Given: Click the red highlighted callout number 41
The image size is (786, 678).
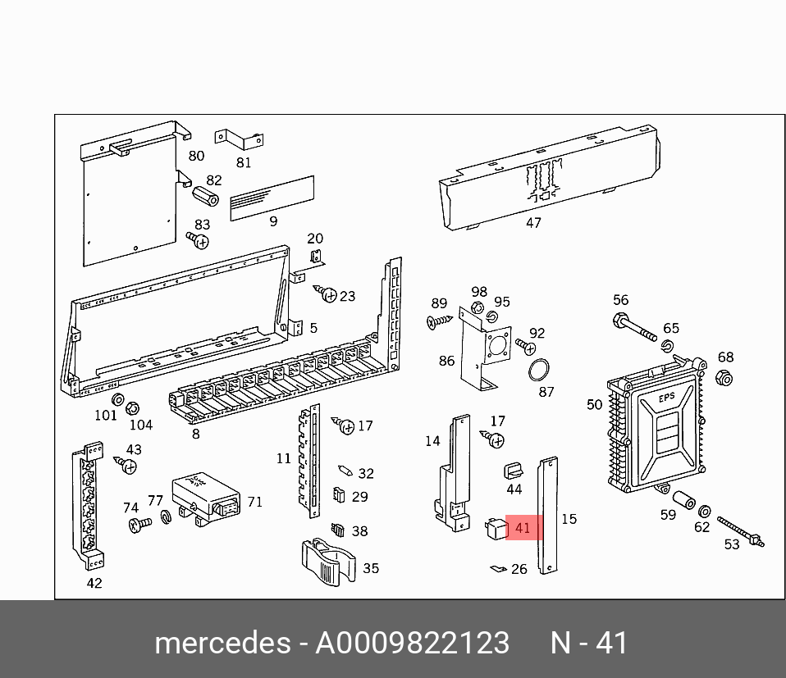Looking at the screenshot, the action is coord(523,528).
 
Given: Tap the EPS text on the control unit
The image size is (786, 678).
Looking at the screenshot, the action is coord(666,400).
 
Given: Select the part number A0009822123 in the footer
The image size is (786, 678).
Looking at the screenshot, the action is coord(412,642).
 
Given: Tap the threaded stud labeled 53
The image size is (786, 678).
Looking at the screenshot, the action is coord(741,530).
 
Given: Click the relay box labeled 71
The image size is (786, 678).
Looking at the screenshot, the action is coord(206,500).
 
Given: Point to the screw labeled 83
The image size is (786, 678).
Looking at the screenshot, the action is coord(198,240).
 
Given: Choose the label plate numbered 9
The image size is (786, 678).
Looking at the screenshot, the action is coord(272,198).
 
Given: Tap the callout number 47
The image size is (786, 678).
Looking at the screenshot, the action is coord(533,222).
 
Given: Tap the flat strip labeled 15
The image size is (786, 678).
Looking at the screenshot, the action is coord(547,516).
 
